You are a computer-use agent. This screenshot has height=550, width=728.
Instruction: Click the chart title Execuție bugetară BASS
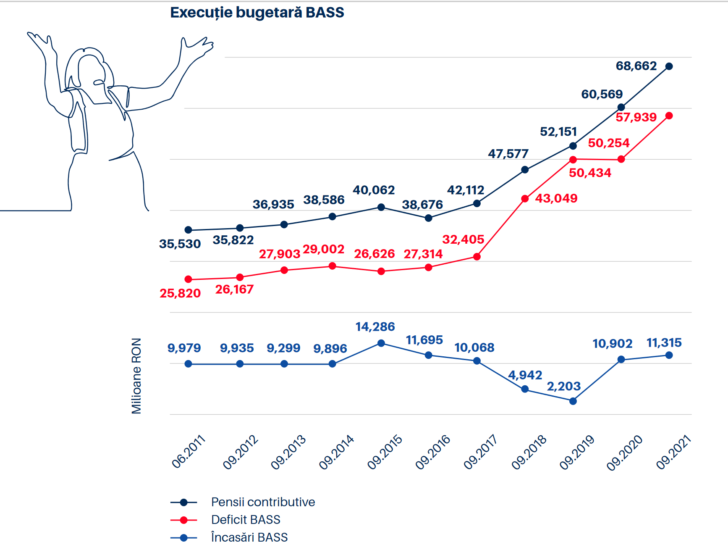257,13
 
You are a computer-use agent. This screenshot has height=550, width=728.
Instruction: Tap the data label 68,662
636,66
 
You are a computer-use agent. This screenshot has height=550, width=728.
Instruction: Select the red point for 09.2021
669,116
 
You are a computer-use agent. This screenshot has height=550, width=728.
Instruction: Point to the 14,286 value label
375,326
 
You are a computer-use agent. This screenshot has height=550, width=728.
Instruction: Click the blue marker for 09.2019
573,401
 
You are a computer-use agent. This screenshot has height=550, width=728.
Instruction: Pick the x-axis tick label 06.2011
189,452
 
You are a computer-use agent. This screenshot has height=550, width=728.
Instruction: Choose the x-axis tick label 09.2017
480,452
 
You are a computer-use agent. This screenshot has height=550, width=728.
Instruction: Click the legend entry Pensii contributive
263,502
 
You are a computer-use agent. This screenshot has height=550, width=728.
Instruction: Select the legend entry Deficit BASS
246,520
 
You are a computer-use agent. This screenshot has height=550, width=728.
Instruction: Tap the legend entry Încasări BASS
249,537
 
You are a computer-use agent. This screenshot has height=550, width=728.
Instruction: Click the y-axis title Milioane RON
136,376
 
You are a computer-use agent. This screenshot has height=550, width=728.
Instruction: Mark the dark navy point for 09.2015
381,207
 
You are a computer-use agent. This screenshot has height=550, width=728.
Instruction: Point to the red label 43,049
556,198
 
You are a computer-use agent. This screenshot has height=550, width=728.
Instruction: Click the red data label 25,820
180,293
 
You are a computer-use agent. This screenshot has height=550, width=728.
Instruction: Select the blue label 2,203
563,386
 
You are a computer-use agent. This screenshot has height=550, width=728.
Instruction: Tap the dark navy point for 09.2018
525,170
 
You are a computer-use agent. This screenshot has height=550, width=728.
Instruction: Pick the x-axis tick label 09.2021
673,452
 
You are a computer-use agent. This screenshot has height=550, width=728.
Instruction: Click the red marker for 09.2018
525,199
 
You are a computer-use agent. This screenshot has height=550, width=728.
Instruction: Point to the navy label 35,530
180,244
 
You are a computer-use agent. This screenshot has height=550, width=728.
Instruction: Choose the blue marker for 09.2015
381,343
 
